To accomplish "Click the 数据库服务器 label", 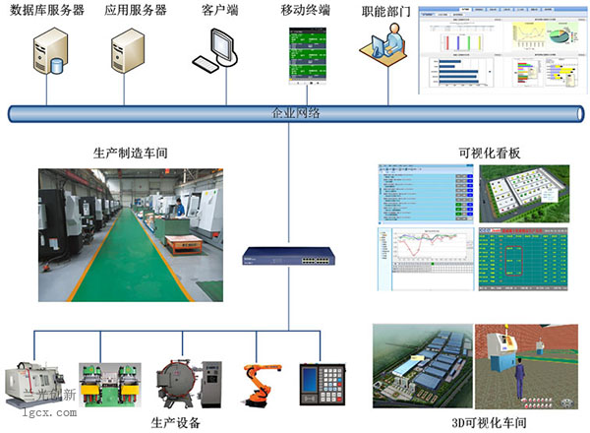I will point(46,11).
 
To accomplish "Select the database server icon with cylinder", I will point(48,53).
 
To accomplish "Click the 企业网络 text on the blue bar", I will point(295,113).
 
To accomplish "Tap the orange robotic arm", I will point(261,385).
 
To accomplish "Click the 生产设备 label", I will point(176,422).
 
